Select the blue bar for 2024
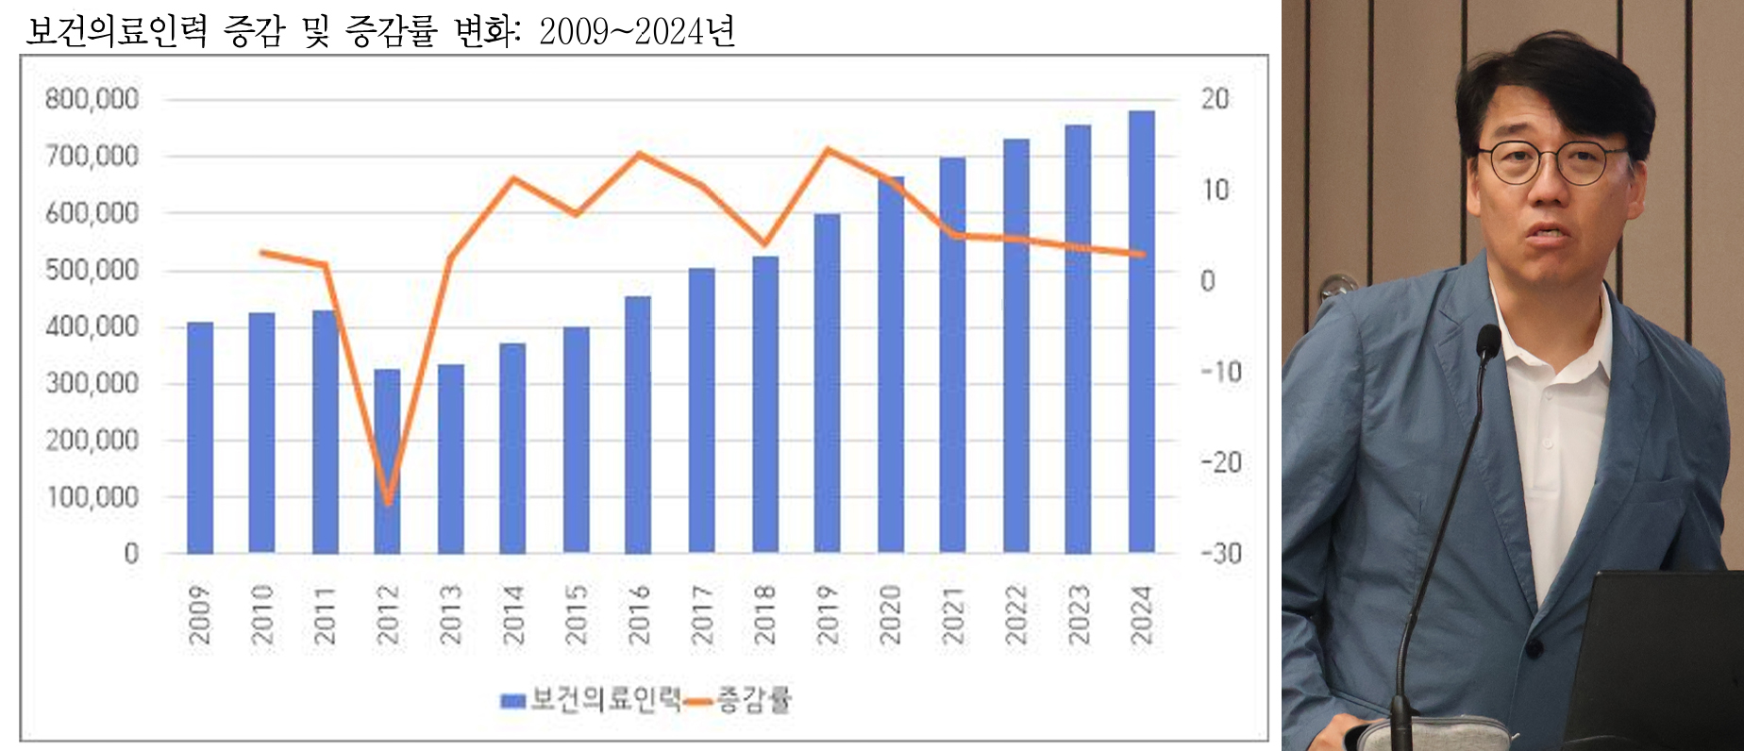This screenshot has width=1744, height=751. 1141,330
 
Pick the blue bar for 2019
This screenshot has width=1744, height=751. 827,382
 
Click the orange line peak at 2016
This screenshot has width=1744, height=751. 639,154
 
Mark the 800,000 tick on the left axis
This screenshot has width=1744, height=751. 92,99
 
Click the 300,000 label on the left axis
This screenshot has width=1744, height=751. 92,383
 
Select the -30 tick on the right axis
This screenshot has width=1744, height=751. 1220,553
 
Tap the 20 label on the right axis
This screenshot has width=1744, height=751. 1215,99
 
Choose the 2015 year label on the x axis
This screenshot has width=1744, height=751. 576,614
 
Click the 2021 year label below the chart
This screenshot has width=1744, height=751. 953,614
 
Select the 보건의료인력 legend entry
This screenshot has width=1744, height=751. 592,699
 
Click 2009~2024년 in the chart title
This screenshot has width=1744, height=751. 637,31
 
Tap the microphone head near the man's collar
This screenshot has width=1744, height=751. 1487,342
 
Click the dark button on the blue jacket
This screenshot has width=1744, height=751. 1534,650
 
